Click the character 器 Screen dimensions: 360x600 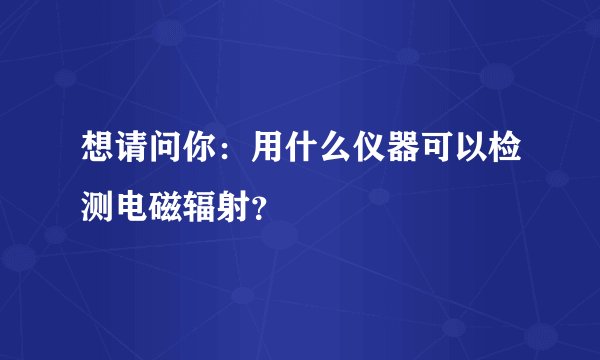[410, 153]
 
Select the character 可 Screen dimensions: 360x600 [446, 153]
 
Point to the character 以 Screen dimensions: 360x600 [482, 153]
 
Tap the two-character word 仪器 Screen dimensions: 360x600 [392, 153]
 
